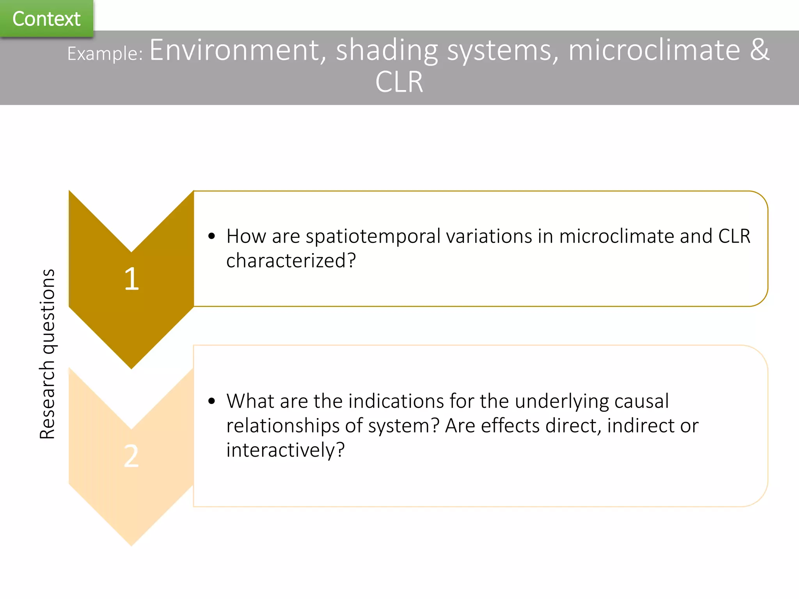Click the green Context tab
coord(46,19)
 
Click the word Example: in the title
coord(105,53)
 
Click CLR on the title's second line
coord(399,82)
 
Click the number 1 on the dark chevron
coord(131,279)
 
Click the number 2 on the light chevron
coord(131,456)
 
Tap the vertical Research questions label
coord(47,354)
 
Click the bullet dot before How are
coord(211,236)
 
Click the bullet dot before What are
coord(211,401)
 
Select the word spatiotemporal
coord(373,237)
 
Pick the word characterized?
coord(291,261)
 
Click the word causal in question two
coord(641,401)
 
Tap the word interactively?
coord(285,450)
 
